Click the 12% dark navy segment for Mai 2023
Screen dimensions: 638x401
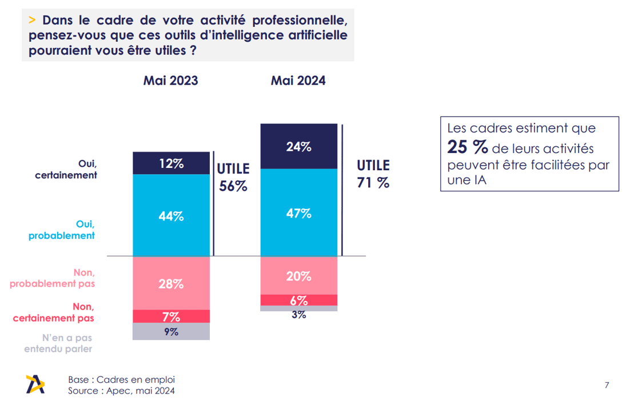[172, 163]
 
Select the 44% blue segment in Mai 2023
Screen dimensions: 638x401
[172, 215]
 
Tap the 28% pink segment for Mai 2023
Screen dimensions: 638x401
[172, 283]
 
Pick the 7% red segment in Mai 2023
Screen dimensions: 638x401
[172, 316]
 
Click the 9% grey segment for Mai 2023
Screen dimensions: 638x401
[172, 331]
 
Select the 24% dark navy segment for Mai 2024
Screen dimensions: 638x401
[299, 146]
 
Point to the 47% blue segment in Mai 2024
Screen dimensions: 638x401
[299, 212]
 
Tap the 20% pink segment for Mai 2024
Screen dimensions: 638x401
[299, 275]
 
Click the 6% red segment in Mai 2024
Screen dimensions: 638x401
[299, 300]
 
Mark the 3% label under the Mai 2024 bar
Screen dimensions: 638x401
[299, 315]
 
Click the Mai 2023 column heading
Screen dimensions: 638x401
[170, 81]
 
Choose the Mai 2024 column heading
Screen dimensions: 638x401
[298, 81]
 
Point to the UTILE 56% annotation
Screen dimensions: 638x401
[233, 177]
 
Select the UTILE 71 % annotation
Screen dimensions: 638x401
[373, 174]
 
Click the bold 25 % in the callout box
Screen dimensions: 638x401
[468, 147]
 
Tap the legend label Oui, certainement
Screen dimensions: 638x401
[66, 169]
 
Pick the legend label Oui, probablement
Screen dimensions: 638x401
[62, 230]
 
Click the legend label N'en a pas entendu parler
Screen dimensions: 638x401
[58, 343]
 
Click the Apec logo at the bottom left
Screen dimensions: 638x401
[35, 384]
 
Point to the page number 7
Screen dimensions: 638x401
[607, 385]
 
